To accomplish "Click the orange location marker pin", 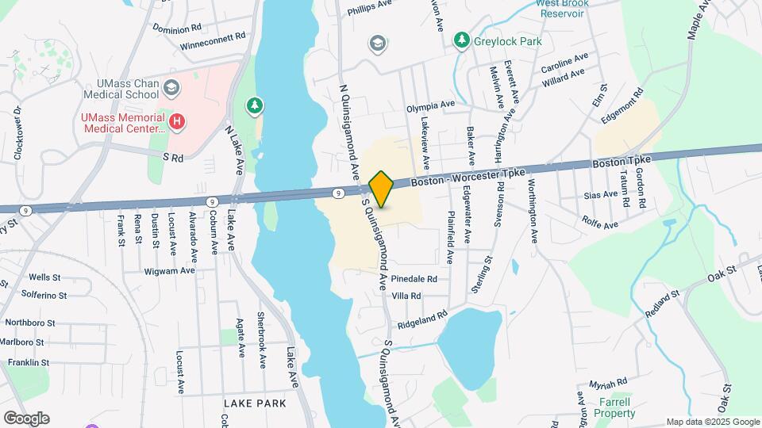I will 381,189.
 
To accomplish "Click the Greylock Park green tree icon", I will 460,39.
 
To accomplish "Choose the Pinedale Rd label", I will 414,279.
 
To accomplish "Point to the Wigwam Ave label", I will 171,270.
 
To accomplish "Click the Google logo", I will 26,418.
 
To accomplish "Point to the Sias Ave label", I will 599,194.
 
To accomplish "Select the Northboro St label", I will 29,323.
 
